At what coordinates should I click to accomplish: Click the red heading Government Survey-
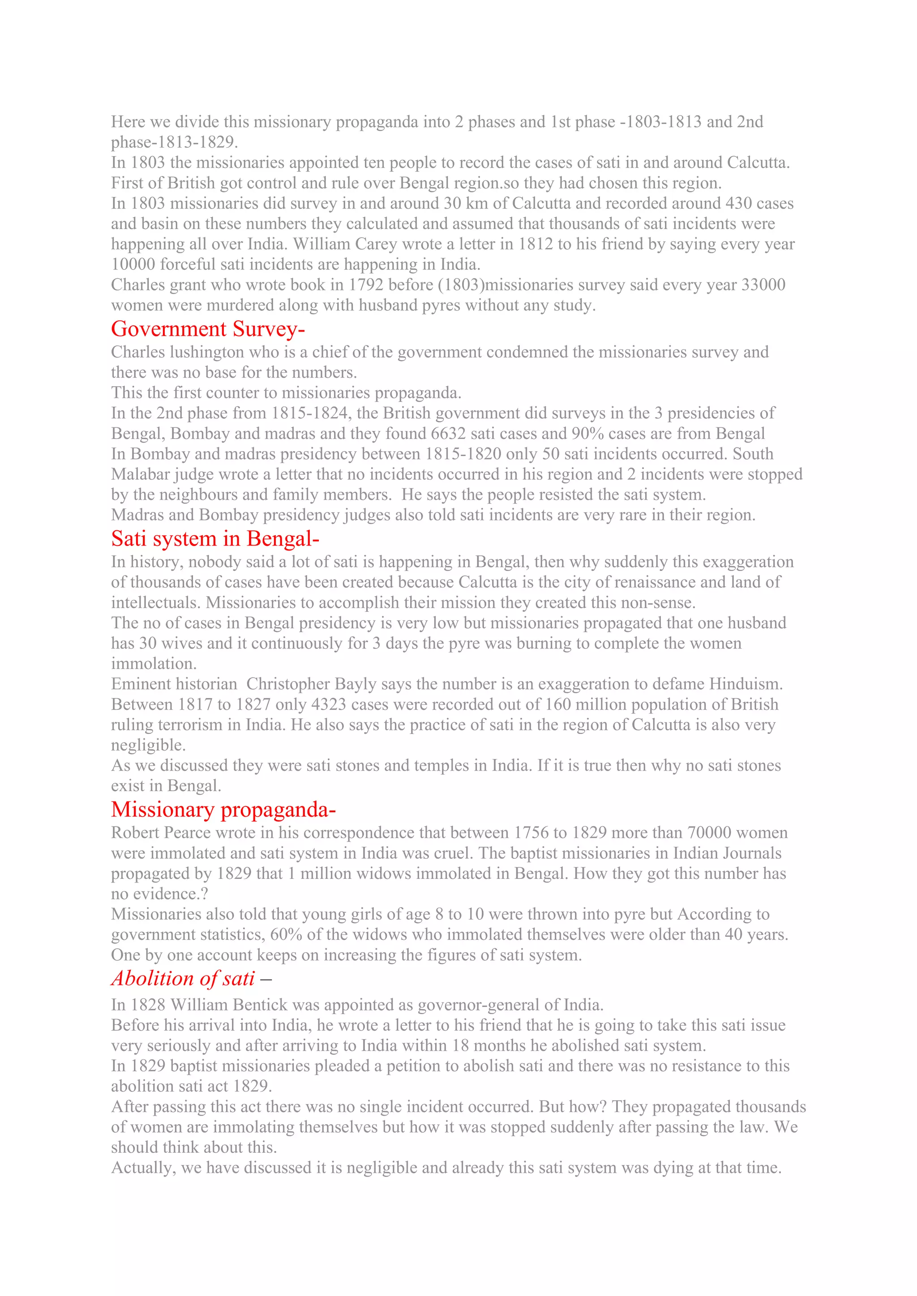pyautogui.click(x=208, y=329)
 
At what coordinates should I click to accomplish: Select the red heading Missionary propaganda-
pyautogui.click(x=223, y=810)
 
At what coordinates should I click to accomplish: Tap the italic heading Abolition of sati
pyautogui.click(x=183, y=979)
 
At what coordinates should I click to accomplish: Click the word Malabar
pyautogui.click(x=140, y=474)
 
